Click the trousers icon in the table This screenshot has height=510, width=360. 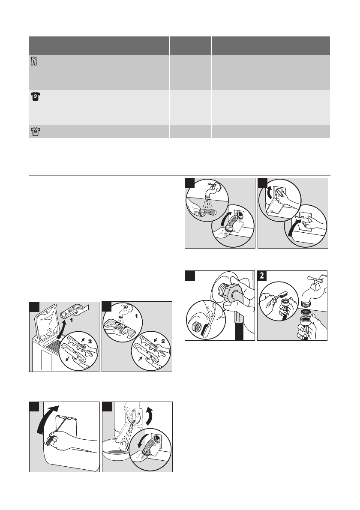[34, 61]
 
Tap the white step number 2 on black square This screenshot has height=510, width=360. [262, 276]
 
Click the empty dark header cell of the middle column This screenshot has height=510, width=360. [190, 45]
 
